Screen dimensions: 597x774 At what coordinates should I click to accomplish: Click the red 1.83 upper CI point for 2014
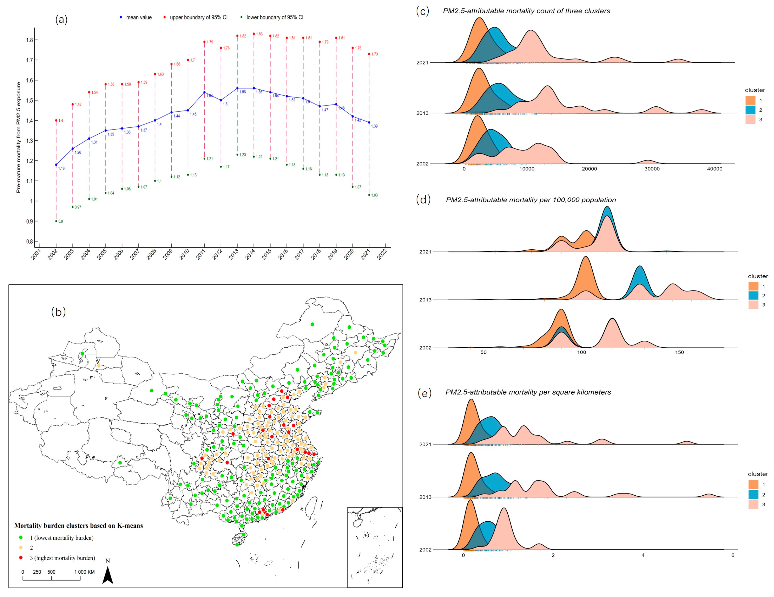pyautogui.click(x=254, y=34)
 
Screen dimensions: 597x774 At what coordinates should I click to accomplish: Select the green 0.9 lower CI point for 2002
pyautogui.click(x=56, y=221)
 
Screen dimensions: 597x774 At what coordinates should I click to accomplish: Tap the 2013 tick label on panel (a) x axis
pyautogui.click(x=234, y=254)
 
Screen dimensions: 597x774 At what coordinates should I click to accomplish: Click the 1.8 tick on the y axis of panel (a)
pyautogui.click(x=29, y=40)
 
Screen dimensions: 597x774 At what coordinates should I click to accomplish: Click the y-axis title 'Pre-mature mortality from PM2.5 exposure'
pyautogui.click(x=18, y=137)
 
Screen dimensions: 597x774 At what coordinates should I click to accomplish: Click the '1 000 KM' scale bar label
pyautogui.click(x=84, y=572)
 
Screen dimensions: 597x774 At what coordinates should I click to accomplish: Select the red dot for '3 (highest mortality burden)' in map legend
pyautogui.click(x=21, y=558)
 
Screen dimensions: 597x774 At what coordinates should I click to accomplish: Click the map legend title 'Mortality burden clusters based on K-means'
pyautogui.click(x=78, y=526)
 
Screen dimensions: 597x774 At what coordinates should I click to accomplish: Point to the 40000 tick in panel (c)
pyautogui.click(x=714, y=169)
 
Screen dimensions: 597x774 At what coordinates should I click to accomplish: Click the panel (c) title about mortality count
pyautogui.click(x=526, y=11)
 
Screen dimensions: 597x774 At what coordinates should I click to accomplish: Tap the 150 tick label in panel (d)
pyautogui.click(x=679, y=352)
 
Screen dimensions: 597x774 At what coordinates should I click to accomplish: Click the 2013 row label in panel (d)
pyautogui.click(x=425, y=300)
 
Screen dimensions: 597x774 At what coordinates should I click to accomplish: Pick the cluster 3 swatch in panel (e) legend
pyautogui.click(x=753, y=504)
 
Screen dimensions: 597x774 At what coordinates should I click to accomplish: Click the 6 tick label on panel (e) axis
pyautogui.click(x=733, y=555)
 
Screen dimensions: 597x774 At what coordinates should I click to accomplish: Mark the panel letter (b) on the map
pyautogui.click(x=58, y=312)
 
